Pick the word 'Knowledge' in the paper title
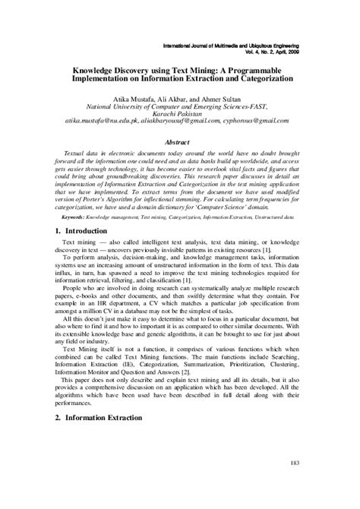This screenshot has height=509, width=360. pos(96,68)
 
